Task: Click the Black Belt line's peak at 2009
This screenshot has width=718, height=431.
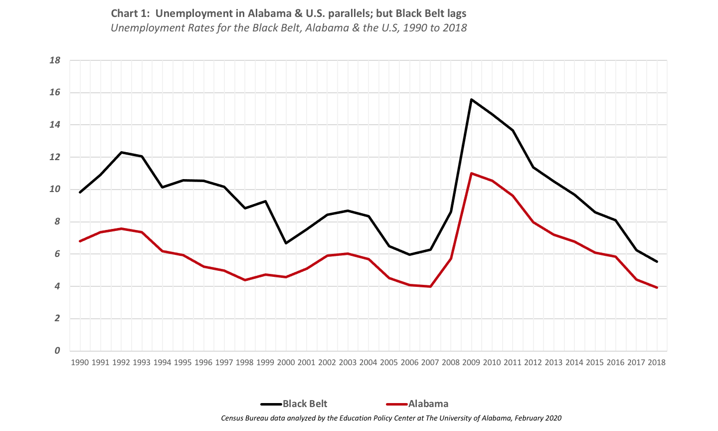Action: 471,99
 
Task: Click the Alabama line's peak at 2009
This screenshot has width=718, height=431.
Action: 471,173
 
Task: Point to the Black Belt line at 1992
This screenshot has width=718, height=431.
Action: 121,152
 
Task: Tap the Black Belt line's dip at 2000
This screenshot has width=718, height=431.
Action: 286,243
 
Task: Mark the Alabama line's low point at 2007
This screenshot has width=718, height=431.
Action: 430,286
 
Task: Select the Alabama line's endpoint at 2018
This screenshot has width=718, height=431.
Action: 657,287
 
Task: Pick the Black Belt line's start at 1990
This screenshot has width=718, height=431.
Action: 80,192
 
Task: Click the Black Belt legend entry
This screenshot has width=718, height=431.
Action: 294,404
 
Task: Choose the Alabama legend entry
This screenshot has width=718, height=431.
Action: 417,404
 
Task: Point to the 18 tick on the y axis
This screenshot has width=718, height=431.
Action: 55,60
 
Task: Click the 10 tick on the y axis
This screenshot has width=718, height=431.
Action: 55,190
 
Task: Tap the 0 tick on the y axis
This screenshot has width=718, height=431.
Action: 57,351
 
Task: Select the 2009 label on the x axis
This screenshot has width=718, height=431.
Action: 471,363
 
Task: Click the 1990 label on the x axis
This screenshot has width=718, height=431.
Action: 80,363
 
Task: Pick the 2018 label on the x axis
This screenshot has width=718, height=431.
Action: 657,363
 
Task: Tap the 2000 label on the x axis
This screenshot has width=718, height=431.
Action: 286,363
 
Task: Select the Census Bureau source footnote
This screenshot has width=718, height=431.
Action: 391,418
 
